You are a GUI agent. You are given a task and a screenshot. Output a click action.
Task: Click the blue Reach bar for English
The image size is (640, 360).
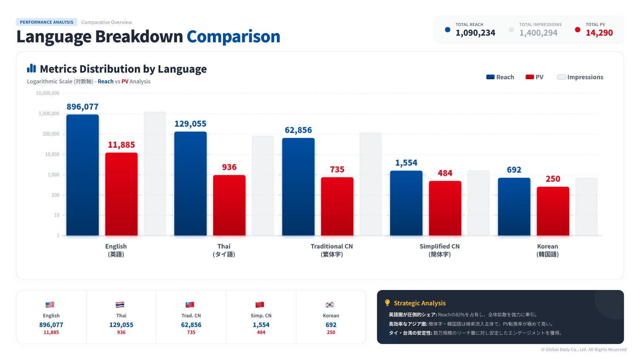click(82, 175)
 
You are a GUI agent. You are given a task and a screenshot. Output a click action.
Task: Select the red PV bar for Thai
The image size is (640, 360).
click(229, 205)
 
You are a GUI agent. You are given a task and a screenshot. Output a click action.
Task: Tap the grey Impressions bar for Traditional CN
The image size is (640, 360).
click(370, 184)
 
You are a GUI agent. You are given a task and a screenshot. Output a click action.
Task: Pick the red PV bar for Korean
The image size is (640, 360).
click(553, 211)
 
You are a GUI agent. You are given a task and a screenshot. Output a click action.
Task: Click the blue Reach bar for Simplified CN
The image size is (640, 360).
click(406, 203)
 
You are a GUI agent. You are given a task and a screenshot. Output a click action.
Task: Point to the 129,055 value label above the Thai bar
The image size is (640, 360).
click(190, 124)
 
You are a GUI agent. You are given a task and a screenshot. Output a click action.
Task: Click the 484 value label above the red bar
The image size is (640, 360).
click(445, 173)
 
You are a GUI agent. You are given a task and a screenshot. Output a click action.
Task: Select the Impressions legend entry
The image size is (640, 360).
click(580, 77)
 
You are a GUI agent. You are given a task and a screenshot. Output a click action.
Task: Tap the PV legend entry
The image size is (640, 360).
click(534, 77)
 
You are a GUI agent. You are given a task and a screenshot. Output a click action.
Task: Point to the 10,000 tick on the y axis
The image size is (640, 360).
click(52, 154)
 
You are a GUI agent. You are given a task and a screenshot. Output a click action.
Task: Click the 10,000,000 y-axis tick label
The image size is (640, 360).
click(48, 93)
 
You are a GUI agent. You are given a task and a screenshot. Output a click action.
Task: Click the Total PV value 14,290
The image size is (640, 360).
click(599, 33)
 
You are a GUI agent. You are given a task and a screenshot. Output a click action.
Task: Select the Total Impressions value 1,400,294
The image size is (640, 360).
click(538, 33)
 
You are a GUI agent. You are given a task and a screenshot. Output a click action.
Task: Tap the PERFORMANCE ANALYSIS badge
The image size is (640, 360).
click(47, 22)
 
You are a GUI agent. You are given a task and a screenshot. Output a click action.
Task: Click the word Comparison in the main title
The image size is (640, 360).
click(233, 37)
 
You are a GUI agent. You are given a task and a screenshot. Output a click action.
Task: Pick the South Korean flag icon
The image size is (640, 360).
click(330, 305)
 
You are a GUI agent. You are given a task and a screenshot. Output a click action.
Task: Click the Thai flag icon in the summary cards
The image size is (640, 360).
click(120, 305)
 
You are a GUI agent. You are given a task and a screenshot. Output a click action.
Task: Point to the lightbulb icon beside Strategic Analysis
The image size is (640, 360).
click(387, 303)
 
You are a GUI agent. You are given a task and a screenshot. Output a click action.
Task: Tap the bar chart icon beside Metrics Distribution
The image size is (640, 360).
click(31, 68)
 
